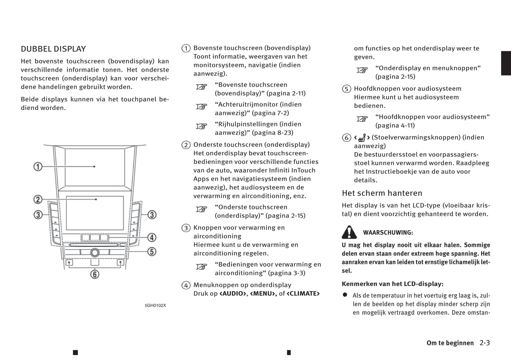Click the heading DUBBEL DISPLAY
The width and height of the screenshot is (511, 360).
click(x=53, y=49)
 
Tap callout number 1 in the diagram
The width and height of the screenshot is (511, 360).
click(x=38, y=166)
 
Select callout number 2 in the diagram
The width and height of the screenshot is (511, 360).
click(x=38, y=200)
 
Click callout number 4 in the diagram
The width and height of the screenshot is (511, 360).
click(x=152, y=237)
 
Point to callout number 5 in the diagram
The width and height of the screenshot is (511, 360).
click(x=152, y=252)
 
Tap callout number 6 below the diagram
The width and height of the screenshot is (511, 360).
click(x=94, y=274)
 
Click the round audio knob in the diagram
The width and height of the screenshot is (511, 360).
click(x=94, y=252)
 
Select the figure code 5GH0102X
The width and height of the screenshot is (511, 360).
click(x=155, y=305)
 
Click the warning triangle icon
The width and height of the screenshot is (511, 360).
click(x=349, y=232)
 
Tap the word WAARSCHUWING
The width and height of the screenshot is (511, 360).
click(x=388, y=233)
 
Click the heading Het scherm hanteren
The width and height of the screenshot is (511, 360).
click(x=382, y=193)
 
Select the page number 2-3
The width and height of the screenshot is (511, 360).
click(x=484, y=343)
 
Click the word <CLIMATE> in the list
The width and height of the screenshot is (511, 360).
click(x=303, y=294)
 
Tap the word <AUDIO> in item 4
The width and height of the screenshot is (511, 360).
click(x=233, y=294)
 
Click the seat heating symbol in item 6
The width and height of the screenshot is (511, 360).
click(x=362, y=138)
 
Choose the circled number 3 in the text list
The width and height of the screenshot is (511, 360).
click(x=186, y=228)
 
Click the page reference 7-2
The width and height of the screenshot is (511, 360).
click(x=280, y=113)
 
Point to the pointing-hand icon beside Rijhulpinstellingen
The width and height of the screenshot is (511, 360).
click(x=202, y=126)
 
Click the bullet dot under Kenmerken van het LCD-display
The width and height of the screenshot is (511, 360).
click(x=345, y=295)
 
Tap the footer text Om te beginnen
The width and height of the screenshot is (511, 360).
click(x=450, y=343)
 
